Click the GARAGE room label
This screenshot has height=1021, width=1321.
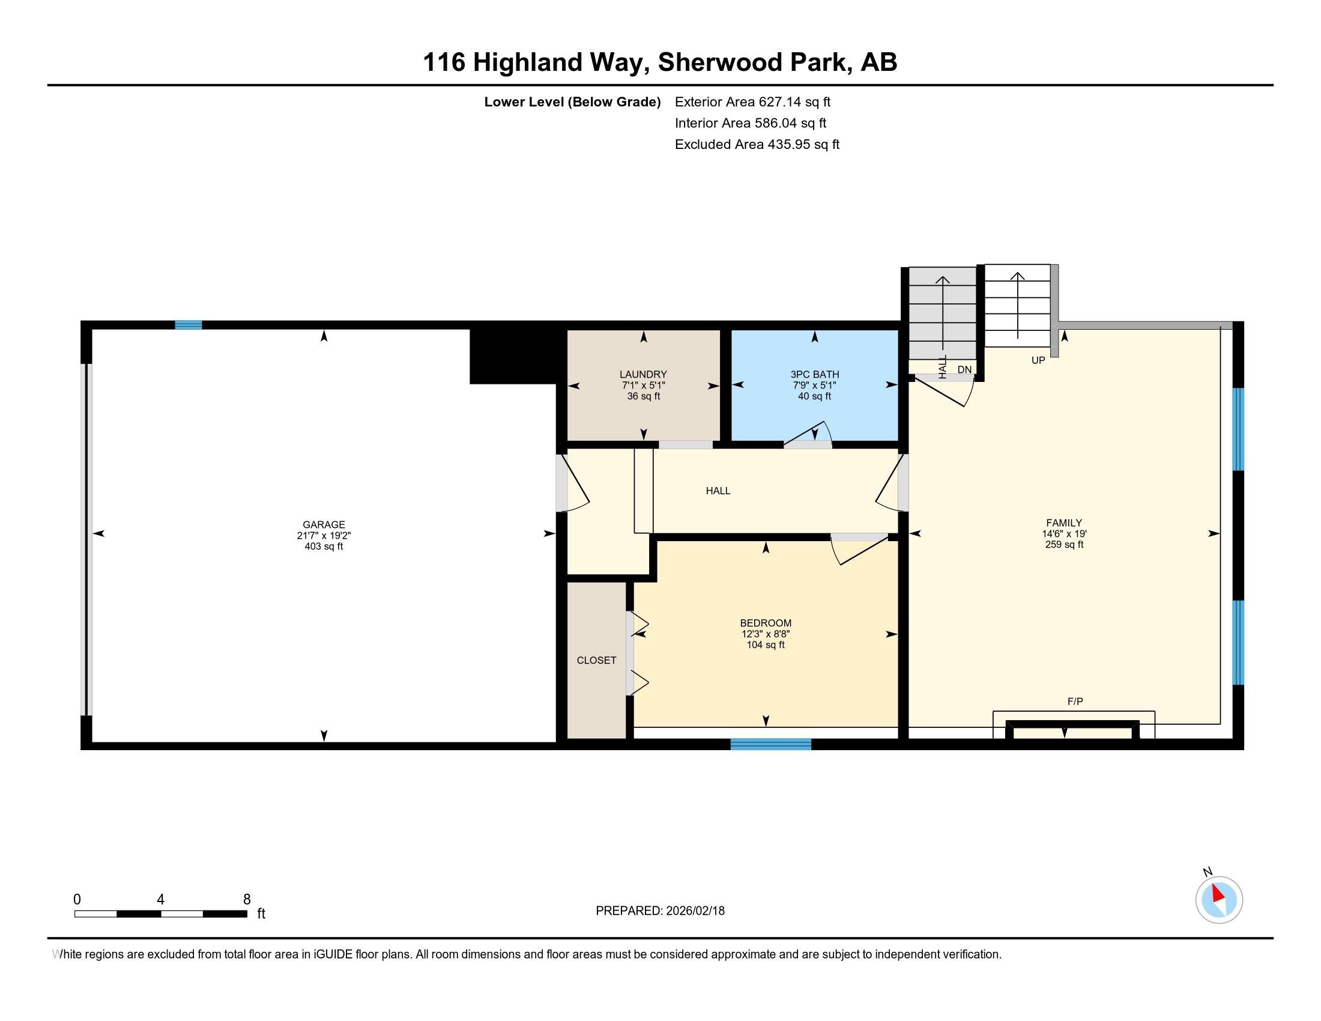(x=324, y=525)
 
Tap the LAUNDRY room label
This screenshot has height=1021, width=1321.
(x=643, y=374)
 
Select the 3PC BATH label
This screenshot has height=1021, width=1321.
(x=815, y=374)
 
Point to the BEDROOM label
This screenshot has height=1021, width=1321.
(x=766, y=623)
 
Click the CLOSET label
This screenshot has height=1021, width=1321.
(x=596, y=660)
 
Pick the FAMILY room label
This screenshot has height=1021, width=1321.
(x=1064, y=523)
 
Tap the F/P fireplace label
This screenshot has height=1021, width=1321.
(x=1075, y=701)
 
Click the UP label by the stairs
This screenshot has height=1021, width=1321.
(x=1038, y=360)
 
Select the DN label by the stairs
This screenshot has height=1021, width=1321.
(x=964, y=369)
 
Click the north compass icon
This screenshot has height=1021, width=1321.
(x=1219, y=900)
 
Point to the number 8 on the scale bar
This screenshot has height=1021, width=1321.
(x=247, y=900)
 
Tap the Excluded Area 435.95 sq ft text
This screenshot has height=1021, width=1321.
(x=757, y=145)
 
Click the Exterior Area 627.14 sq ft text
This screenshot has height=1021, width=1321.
(x=753, y=101)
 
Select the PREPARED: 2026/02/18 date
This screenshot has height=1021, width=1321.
(x=660, y=911)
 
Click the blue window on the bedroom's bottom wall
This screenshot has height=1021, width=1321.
(x=770, y=744)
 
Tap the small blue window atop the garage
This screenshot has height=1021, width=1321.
(x=188, y=325)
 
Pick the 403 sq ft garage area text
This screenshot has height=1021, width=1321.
(x=324, y=547)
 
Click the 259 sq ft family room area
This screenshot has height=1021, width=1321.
(x=1064, y=544)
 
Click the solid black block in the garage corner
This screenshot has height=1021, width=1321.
(x=513, y=354)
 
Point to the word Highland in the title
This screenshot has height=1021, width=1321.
(x=527, y=62)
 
